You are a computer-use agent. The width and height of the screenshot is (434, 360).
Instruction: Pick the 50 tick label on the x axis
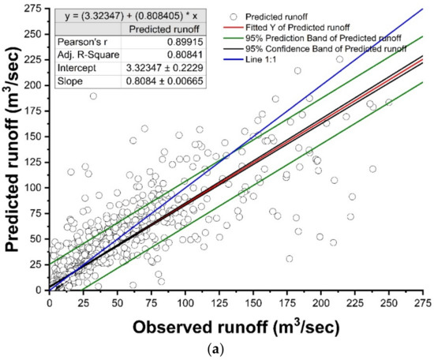[117, 302]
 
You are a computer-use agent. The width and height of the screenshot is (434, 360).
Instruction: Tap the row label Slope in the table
[72, 81]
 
